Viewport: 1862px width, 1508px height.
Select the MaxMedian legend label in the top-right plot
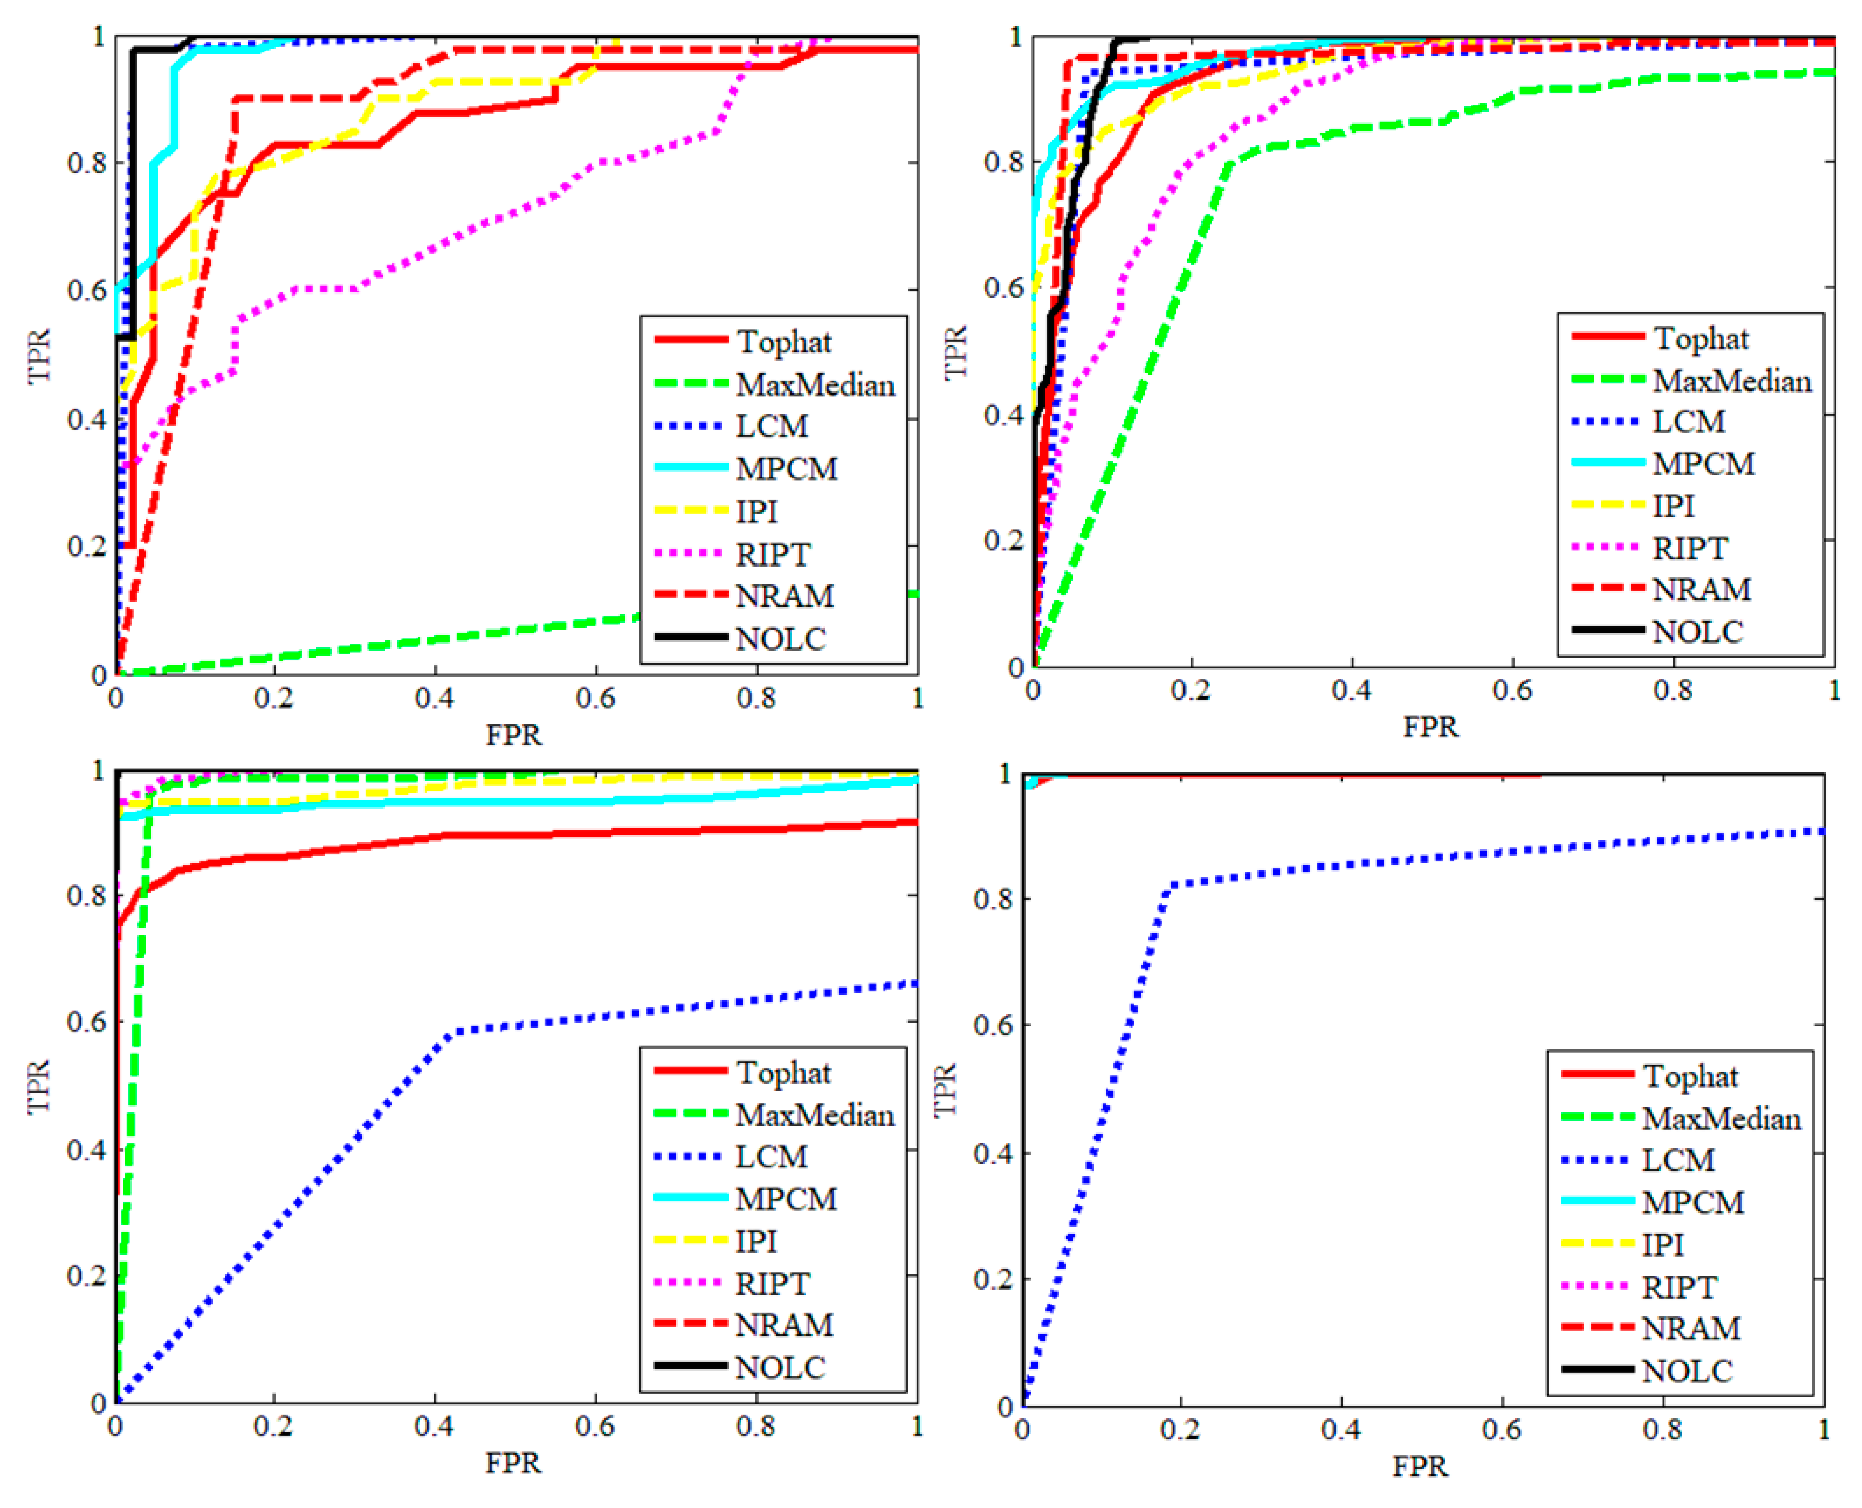pos(1732,382)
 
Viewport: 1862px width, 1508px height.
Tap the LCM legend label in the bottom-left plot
pos(772,1156)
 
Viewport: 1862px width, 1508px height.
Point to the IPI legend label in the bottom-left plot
pos(756,1241)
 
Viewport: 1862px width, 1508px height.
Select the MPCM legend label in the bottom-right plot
pos(1692,1202)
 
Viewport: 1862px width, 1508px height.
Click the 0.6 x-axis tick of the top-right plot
pos(1512,691)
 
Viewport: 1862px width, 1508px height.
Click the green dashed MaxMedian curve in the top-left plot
pos(434,640)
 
